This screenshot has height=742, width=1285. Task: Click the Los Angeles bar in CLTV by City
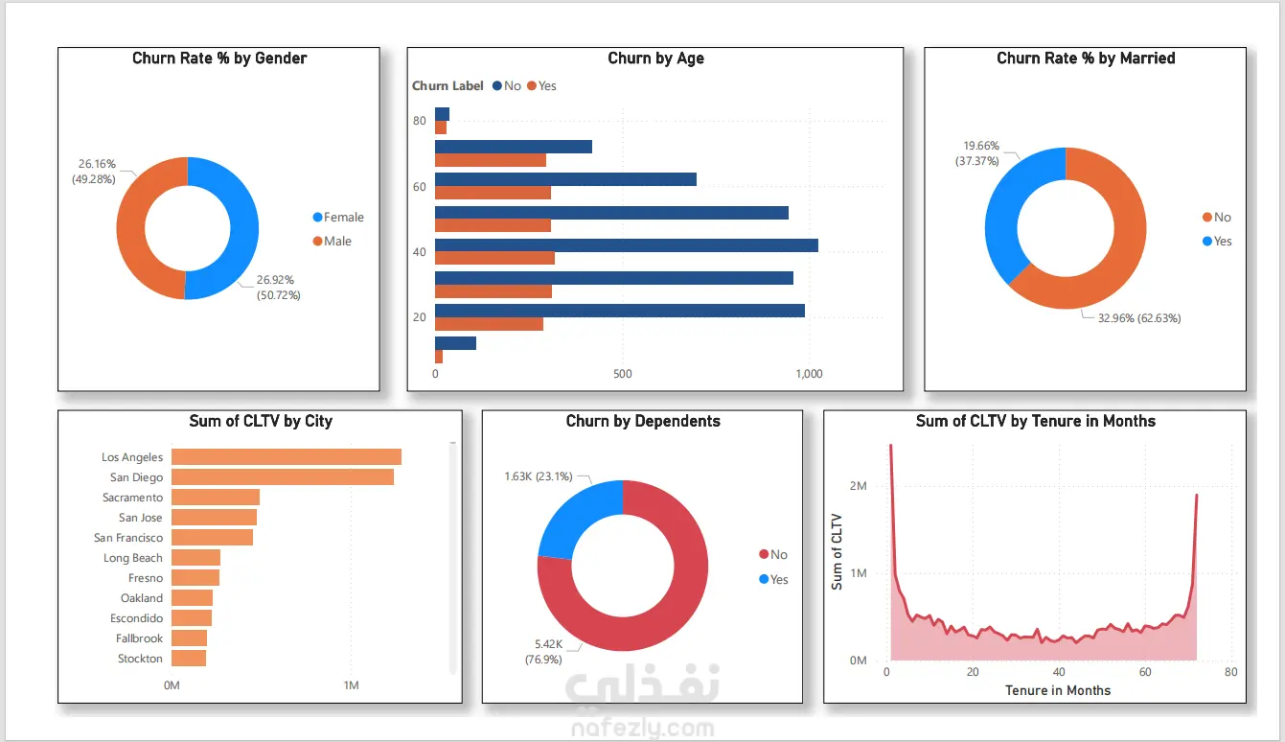click(286, 457)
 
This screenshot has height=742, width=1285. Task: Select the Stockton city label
click(140, 659)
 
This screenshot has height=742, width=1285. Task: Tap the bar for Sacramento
click(216, 498)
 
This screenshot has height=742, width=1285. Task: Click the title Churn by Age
click(655, 58)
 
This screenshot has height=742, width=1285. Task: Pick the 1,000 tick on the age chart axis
click(809, 374)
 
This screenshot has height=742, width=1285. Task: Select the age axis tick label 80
click(420, 121)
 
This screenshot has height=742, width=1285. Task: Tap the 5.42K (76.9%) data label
click(543, 652)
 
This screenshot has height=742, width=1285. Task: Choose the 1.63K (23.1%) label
click(538, 476)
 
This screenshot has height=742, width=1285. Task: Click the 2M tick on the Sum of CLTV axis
click(858, 486)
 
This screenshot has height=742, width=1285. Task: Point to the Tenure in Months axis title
click(1058, 690)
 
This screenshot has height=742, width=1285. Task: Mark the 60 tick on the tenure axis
click(1145, 672)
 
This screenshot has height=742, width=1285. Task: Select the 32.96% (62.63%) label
click(1138, 318)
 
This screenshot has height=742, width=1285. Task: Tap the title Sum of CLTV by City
click(261, 421)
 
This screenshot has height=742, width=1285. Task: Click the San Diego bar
click(283, 477)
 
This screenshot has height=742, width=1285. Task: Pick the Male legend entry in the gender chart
click(337, 242)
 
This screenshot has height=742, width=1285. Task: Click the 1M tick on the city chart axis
click(351, 685)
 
